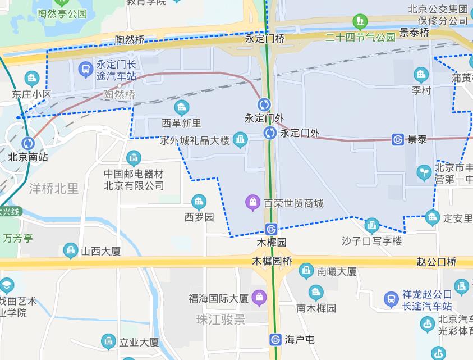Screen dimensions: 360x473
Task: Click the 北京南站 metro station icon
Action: (28, 143)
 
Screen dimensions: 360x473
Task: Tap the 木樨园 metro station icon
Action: (272, 230)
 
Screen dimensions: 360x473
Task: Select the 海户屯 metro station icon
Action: (275, 340)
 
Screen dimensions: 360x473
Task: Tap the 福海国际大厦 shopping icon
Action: (259, 298)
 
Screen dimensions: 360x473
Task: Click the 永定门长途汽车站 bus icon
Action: (85, 69)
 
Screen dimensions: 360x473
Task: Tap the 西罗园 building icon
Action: (199, 202)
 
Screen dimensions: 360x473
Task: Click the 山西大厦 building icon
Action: (71, 250)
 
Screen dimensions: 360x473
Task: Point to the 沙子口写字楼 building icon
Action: (371, 226)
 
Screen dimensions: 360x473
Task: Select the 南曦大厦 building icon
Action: (306, 271)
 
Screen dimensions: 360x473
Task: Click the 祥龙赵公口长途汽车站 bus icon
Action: (392, 300)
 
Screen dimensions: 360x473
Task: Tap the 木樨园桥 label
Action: (272, 261)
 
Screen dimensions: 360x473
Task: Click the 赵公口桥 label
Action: (437, 262)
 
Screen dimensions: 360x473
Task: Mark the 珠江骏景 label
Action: (221, 320)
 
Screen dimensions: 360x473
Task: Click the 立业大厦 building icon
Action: (109, 341)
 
